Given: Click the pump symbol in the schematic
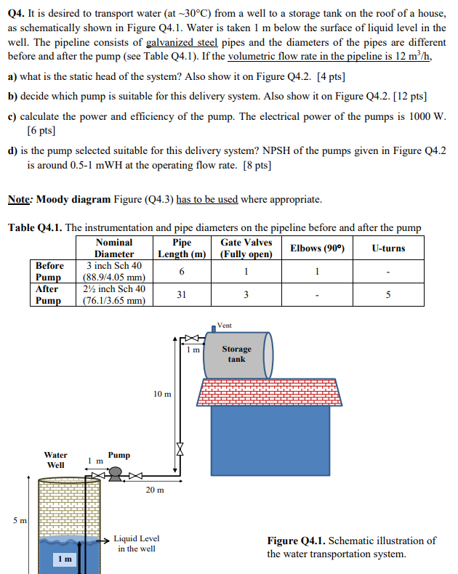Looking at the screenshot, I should click(x=116, y=474).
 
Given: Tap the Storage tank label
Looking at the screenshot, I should click(x=236, y=354).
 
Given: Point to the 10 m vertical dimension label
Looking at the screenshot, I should click(x=162, y=394).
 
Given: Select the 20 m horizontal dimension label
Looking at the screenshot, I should click(x=154, y=490).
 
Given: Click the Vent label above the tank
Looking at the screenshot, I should click(x=225, y=326).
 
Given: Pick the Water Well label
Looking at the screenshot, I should click(x=56, y=460).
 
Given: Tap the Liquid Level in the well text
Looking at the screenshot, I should click(x=137, y=543).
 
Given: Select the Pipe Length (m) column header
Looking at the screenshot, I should click(x=182, y=248).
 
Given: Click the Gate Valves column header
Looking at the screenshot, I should click(x=246, y=248).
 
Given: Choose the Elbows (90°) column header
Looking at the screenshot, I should click(x=317, y=248).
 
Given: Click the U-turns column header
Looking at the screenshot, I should click(x=387, y=248).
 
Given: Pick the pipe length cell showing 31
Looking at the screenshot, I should click(x=182, y=294).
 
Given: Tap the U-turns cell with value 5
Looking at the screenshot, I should click(x=387, y=294).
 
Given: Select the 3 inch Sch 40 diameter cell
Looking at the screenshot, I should click(x=114, y=266).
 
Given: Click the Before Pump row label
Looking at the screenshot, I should click(x=49, y=271).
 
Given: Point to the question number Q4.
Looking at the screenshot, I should click(x=17, y=12).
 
